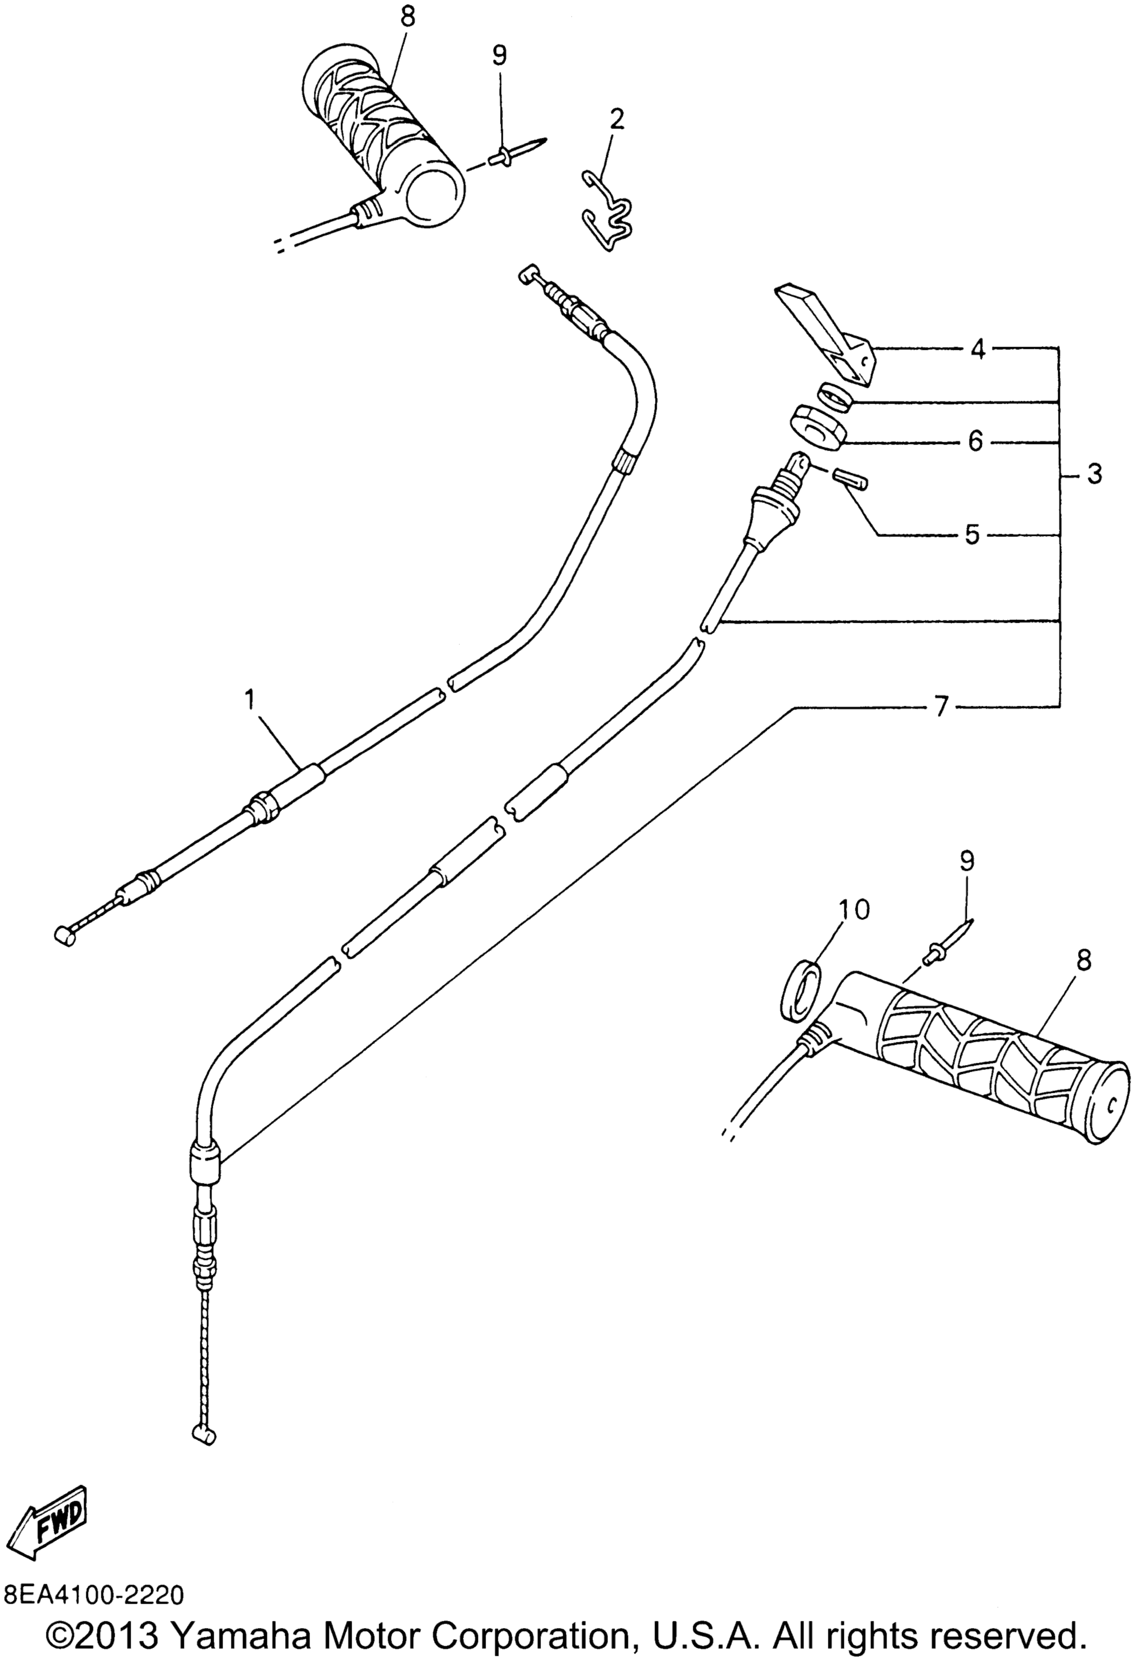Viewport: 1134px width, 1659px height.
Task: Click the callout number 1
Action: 249,700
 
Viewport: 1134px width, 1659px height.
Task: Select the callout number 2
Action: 616,119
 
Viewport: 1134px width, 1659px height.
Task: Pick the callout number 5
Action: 972,534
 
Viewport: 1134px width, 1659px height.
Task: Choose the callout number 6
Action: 976,441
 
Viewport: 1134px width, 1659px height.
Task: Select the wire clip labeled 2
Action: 608,214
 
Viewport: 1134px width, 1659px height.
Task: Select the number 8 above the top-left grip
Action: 407,17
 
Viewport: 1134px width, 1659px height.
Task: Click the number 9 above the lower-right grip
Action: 966,862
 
